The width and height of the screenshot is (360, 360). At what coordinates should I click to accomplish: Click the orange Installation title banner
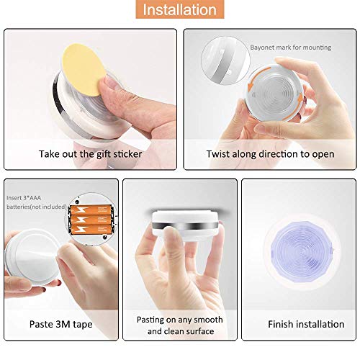click(180, 9)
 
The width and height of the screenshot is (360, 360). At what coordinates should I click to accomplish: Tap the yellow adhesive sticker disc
click(81, 70)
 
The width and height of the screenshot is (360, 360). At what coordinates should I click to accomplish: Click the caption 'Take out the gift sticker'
click(90, 154)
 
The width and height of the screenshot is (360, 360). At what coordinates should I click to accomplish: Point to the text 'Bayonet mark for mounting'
click(291, 48)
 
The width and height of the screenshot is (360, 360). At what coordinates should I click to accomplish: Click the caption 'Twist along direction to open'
click(270, 154)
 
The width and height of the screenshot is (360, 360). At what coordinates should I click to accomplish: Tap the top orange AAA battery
click(91, 210)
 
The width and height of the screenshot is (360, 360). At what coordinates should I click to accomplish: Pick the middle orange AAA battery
click(91, 220)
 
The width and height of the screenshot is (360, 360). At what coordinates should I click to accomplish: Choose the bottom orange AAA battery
click(91, 229)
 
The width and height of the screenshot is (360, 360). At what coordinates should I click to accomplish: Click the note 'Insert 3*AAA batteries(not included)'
click(36, 202)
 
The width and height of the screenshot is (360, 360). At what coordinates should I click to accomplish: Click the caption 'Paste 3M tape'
click(60, 324)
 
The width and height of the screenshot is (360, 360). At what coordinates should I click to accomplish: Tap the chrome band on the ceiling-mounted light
click(185, 225)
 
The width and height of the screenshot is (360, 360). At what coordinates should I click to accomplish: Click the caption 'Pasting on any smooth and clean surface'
click(180, 325)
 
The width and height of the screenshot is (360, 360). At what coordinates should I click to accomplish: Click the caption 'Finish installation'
click(306, 324)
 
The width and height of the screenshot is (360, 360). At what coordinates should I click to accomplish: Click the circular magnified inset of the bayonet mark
click(225, 60)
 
